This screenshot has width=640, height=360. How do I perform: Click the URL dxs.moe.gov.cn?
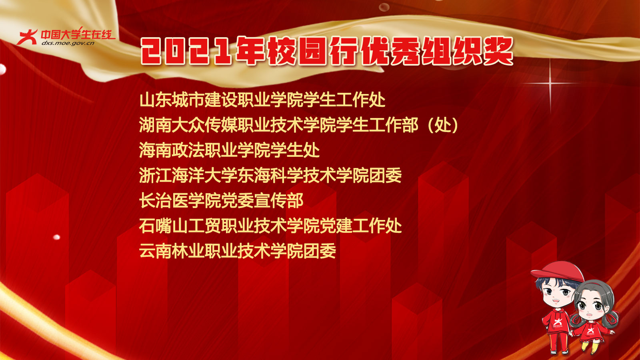click(68, 43)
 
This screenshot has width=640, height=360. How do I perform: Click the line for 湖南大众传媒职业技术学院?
click(298, 125)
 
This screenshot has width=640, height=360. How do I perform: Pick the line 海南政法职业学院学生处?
click(229, 150)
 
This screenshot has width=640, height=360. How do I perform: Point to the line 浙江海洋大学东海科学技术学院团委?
click(270, 176)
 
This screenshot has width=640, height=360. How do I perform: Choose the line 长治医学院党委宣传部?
click(221, 201)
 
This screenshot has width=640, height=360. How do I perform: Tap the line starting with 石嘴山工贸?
click(270, 226)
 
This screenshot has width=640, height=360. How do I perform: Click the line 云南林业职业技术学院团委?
click(238, 251)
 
